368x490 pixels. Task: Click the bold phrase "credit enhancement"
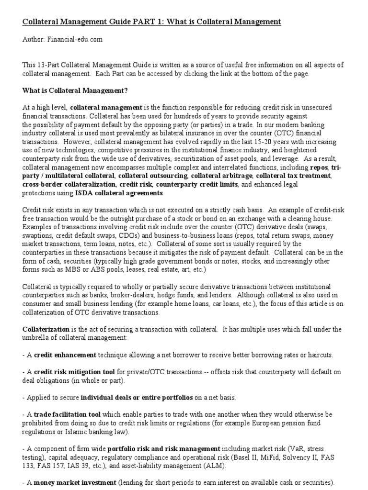tap(63, 355)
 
